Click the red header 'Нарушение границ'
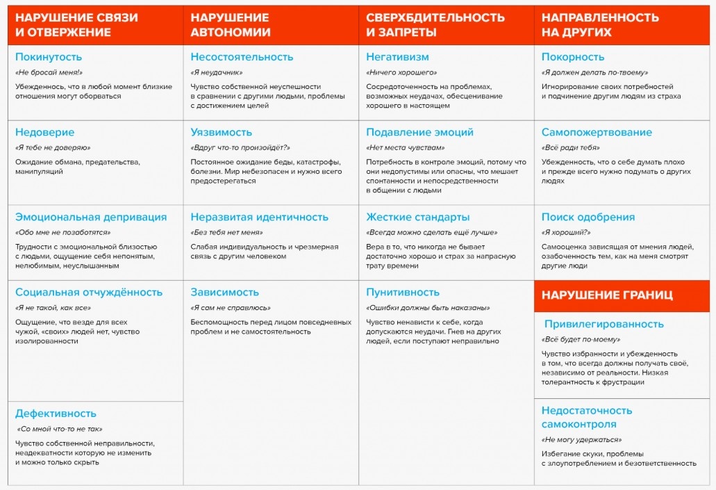pos(607,295)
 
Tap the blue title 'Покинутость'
pos(49,57)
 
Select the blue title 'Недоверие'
pos(44,132)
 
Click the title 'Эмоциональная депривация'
pos(91,217)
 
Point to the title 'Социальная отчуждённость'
pos(89,292)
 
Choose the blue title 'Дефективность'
pos(56,414)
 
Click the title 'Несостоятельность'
pos(242,57)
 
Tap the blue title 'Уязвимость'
pos(221,132)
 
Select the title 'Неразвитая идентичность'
pos(259,217)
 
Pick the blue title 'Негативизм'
pos(397,57)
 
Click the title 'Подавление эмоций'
pos(419,132)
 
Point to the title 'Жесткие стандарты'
pos(417,217)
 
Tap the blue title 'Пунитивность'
pos(403,292)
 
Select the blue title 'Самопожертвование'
pos(597,132)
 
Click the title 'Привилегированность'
pos(603,324)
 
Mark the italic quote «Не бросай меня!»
pos(49,72)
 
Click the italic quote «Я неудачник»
pos(215,72)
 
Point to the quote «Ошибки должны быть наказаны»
pos(428,307)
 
